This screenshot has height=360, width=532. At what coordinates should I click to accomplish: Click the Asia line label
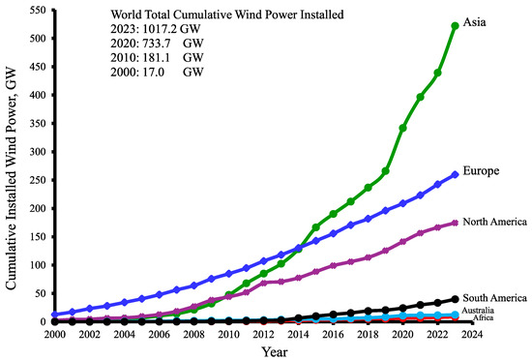point(474,22)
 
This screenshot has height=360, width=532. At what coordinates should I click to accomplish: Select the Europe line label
point(481,170)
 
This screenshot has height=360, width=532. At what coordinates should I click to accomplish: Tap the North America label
point(494,222)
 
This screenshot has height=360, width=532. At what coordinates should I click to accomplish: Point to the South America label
point(494,298)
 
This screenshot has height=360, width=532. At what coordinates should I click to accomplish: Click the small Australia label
point(478,310)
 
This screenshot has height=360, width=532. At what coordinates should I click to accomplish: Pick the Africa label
point(483,318)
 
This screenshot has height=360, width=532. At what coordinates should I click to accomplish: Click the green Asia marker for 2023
point(455,26)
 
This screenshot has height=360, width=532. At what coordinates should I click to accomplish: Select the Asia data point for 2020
point(402,128)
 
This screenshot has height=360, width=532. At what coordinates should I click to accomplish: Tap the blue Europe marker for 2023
point(455,175)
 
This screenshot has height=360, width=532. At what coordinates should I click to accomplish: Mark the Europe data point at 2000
point(55,315)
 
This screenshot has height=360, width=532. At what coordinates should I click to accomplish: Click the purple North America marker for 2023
point(455,223)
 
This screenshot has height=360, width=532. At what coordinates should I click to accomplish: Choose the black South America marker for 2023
point(455,299)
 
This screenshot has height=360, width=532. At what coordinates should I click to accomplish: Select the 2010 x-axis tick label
point(228,335)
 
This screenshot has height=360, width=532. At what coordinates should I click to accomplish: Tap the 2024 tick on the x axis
point(472,335)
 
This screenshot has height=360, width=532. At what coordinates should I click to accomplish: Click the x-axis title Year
point(275,352)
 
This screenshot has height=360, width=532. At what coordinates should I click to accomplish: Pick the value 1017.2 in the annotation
point(160,29)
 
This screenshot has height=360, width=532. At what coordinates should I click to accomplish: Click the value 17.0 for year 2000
point(154,72)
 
